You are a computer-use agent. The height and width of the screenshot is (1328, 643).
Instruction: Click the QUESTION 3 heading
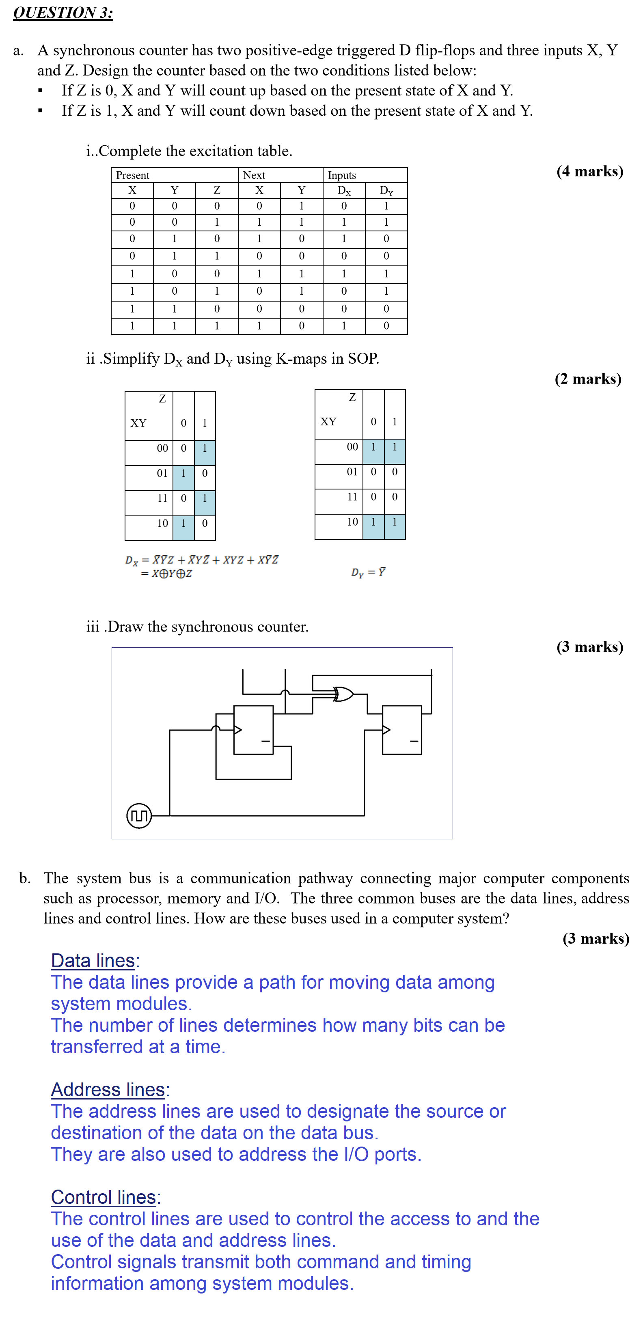click(63, 12)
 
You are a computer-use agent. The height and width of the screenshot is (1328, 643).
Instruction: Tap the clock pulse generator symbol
click(139, 815)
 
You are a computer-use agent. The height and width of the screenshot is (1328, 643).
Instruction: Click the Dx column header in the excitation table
click(344, 191)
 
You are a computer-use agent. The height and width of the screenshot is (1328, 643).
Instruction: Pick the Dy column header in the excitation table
click(386, 191)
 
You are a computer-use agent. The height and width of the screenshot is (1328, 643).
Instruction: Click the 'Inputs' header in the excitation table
click(342, 175)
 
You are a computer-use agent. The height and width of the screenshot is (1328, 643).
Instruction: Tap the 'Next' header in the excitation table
click(254, 175)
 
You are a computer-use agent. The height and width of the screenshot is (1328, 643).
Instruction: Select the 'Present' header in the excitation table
click(132, 175)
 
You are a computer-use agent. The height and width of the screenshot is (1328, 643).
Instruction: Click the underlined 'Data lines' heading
click(93, 961)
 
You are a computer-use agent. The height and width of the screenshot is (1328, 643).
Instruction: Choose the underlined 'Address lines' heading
click(108, 1089)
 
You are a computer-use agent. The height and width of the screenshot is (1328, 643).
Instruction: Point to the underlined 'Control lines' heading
click(104, 1197)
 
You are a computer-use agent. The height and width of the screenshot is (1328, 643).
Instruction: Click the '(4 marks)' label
click(589, 171)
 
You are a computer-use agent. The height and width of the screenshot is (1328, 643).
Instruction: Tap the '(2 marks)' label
click(588, 379)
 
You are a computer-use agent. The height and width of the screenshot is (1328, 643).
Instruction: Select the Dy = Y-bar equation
click(368, 572)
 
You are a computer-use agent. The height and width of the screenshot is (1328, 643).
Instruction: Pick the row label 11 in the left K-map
click(162, 498)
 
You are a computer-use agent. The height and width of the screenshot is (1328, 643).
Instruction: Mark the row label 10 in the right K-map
click(352, 522)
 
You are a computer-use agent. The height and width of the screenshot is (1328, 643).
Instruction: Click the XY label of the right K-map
click(328, 422)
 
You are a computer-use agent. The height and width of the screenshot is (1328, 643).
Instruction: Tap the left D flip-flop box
click(253, 729)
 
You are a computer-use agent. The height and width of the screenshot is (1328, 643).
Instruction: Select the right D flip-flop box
click(402, 729)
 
